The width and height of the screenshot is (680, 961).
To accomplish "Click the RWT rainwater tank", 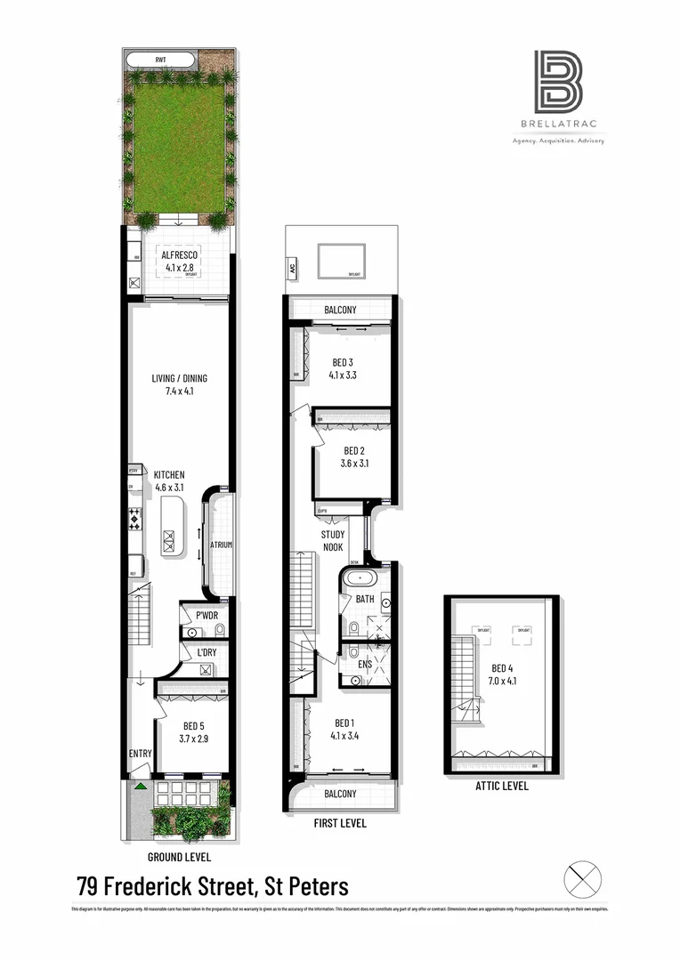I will coord(161,60).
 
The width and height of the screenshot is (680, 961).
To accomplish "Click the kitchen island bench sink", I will coord(169,537).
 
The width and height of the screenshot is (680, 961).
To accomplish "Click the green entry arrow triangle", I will coord(141,786).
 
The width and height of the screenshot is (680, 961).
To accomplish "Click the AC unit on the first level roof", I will coord(292,265).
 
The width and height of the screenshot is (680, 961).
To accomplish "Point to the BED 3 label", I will coord(343,361).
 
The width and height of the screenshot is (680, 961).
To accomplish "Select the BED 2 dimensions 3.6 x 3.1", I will coord(354,464).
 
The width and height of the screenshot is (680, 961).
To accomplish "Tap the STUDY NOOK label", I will coord(333,541).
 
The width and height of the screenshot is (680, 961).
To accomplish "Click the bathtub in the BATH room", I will coord(360,577).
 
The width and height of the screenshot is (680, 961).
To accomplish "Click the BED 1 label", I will coord(343,723).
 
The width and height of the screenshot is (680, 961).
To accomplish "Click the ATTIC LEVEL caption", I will coord(501,786).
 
